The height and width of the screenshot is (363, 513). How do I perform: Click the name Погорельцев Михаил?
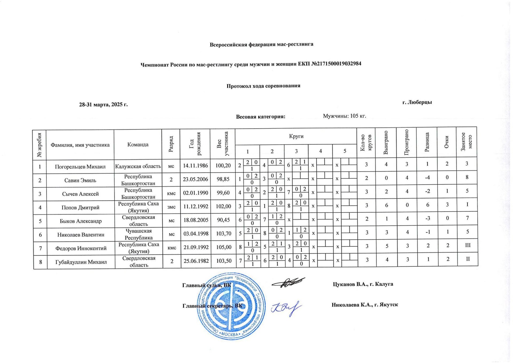(x=80, y=167)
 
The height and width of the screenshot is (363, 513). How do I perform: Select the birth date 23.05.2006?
(x=195, y=179)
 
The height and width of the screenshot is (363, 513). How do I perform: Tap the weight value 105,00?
(x=224, y=247)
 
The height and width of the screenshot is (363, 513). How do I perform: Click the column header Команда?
(x=138, y=145)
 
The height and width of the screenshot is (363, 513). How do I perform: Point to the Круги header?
(x=296, y=136)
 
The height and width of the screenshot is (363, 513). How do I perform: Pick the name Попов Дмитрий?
(x=80, y=208)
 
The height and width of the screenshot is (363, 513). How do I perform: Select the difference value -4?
(x=427, y=177)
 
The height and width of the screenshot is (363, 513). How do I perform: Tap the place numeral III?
(x=468, y=245)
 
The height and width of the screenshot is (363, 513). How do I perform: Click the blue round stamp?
(x=231, y=306)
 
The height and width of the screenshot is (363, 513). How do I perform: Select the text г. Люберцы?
(x=417, y=102)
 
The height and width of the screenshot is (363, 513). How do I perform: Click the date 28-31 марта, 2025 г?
(x=103, y=104)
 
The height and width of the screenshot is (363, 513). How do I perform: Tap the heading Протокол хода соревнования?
(x=263, y=86)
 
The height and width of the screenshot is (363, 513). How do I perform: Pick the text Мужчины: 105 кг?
(x=344, y=116)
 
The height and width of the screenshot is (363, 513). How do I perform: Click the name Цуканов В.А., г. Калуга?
(x=363, y=284)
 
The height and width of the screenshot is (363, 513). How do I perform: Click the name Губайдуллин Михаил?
(x=81, y=262)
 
